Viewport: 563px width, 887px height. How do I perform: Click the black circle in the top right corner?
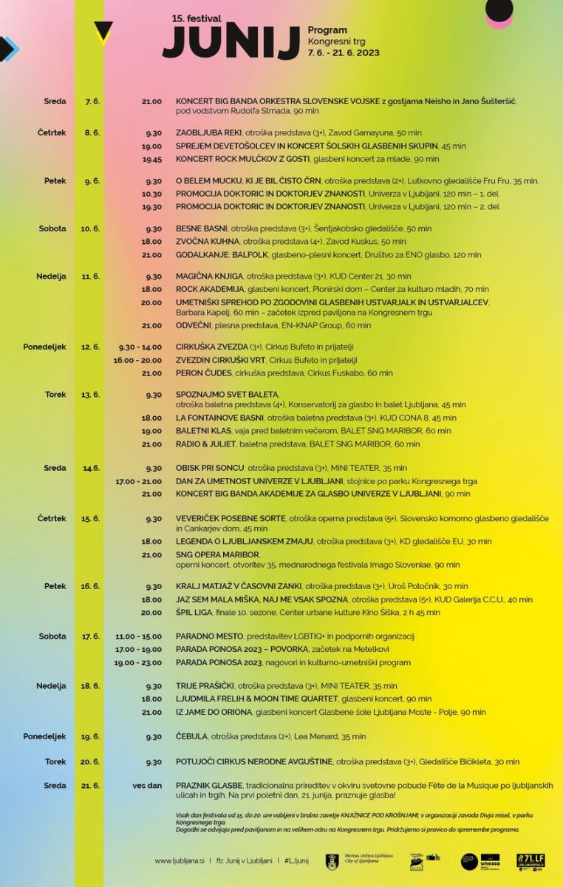click(499, 10)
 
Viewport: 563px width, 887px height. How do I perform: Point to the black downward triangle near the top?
click(103, 32)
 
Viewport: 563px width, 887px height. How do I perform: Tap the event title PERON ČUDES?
click(204, 373)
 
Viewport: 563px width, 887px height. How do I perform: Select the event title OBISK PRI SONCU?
click(210, 468)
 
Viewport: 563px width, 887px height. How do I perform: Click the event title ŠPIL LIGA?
click(194, 612)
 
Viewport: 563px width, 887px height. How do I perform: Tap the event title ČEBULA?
click(191, 736)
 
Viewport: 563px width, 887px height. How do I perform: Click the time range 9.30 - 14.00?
click(140, 347)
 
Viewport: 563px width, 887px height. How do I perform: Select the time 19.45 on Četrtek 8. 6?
click(151, 159)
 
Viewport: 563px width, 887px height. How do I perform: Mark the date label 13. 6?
click(90, 395)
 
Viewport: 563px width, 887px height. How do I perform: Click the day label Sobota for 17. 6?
click(52, 636)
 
